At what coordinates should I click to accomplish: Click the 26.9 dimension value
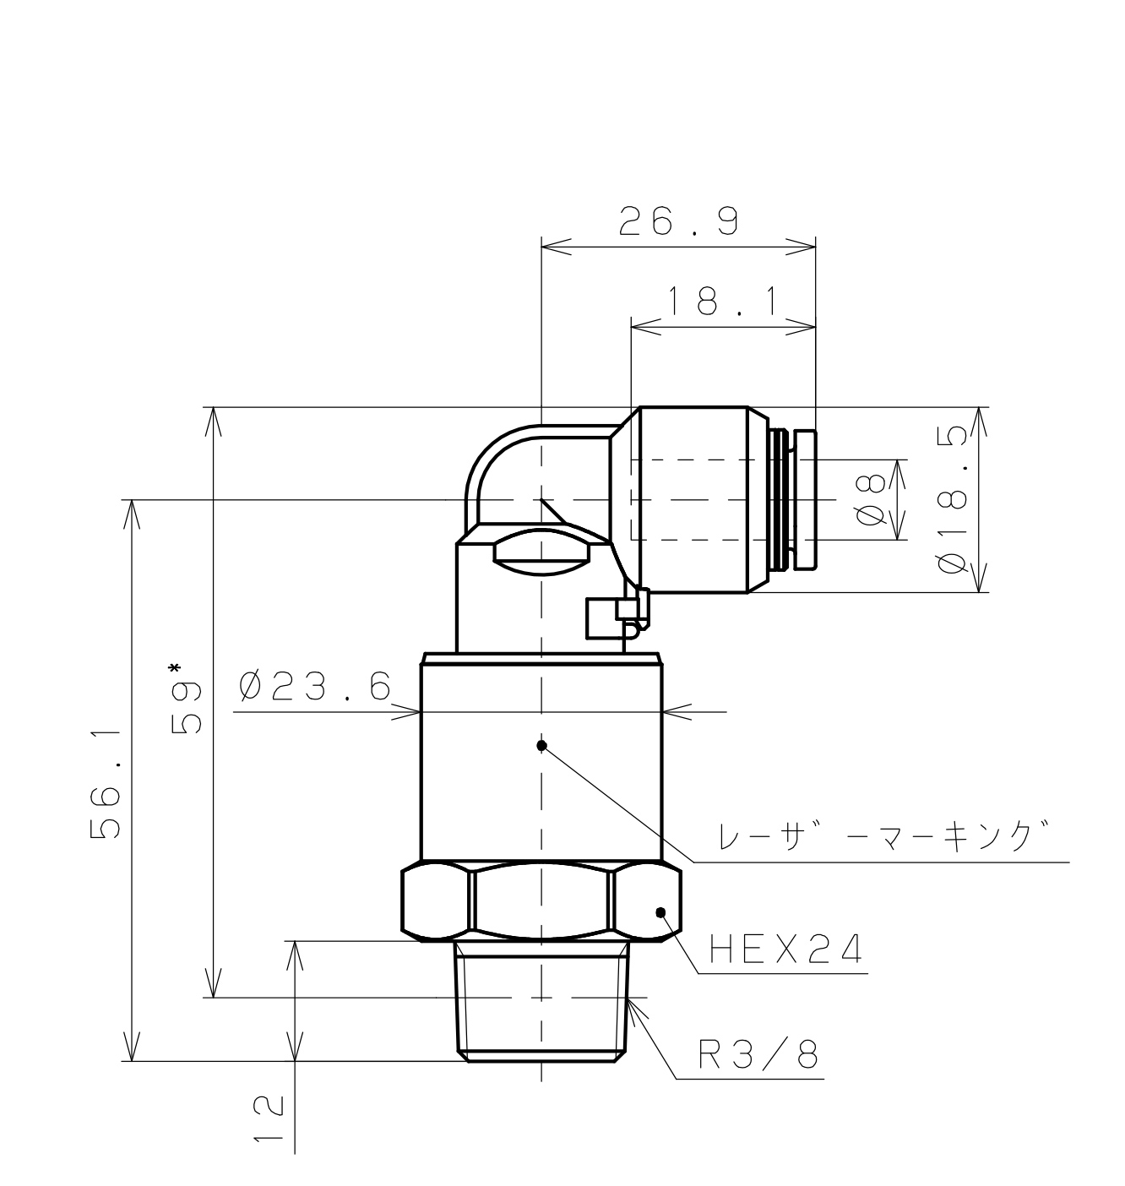pyautogui.click(x=679, y=222)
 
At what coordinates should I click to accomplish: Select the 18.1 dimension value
pyautogui.click(x=723, y=302)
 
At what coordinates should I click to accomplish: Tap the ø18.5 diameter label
pyautogui.click(x=953, y=500)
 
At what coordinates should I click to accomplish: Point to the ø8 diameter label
pyautogui.click(x=872, y=500)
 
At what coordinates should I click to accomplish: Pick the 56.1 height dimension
pyautogui.click(x=106, y=781)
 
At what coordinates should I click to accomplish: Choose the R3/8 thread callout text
pyautogui.click(x=758, y=1054)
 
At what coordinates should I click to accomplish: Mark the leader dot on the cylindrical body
pyautogui.click(x=542, y=745)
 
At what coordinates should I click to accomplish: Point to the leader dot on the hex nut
pyautogui.click(x=661, y=912)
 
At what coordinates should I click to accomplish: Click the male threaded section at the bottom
pyautogui.click(x=542, y=1001)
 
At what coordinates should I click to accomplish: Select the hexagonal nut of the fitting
pyautogui.click(x=541, y=901)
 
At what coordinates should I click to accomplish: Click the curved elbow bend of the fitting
pyautogui.click(x=494, y=460)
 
